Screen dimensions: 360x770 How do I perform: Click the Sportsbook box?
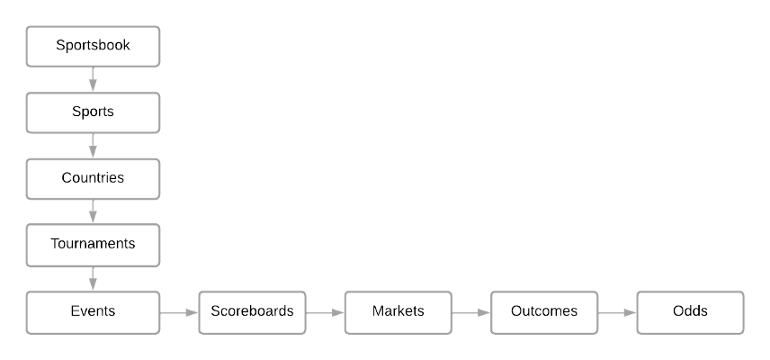pyautogui.click(x=93, y=46)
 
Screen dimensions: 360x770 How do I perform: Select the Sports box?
pyautogui.click(x=93, y=112)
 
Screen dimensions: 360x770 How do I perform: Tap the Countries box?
pyautogui.click(x=93, y=178)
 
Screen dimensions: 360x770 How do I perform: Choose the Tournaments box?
pyautogui.click(x=93, y=245)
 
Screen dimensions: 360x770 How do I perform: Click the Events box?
pyautogui.click(x=93, y=311)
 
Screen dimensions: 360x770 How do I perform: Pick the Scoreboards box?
pyautogui.click(x=252, y=311)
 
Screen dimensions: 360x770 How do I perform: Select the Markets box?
pyautogui.click(x=398, y=311)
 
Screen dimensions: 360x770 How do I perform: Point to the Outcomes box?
pyautogui.click(x=543, y=311)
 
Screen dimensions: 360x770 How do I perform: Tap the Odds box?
pyautogui.click(x=690, y=311)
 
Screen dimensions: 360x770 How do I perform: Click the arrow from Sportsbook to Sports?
pyautogui.click(x=93, y=79)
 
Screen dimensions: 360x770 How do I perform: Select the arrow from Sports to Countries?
pyautogui.click(x=93, y=146)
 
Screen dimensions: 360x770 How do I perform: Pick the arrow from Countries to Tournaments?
pyautogui.click(x=93, y=211)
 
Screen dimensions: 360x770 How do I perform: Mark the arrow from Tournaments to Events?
pyautogui.click(x=93, y=278)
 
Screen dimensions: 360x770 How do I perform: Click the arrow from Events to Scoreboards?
pyautogui.click(x=179, y=312)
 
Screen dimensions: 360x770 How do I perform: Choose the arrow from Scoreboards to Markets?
pyautogui.click(x=325, y=312)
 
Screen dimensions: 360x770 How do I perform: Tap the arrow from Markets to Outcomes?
pyautogui.click(x=470, y=312)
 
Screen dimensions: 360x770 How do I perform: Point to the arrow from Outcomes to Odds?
pyautogui.click(x=616, y=312)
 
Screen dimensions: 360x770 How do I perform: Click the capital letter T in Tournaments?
pyautogui.click(x=55, y=244)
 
